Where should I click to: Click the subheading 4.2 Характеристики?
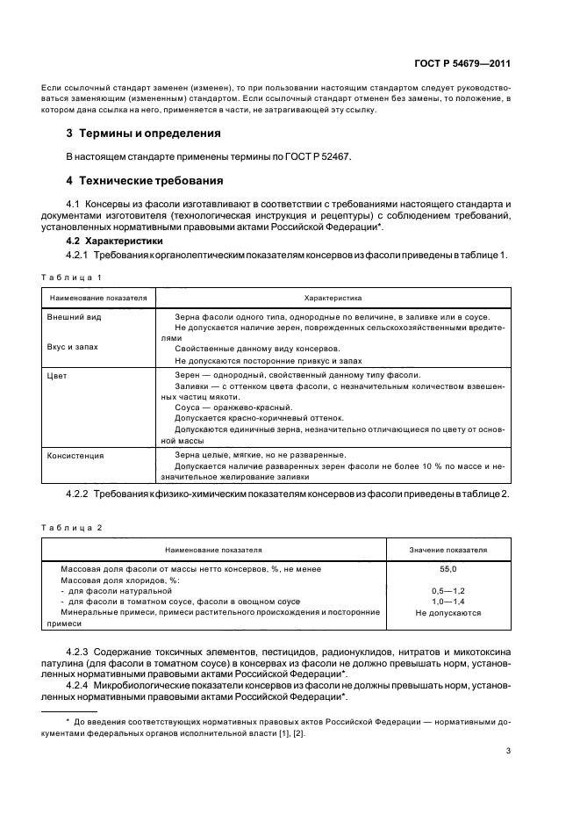[x=114, y=241]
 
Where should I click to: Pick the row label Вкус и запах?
[x=72, y=347]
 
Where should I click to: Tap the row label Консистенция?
[x=75, y=455]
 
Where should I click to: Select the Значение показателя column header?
[x=448, y=550]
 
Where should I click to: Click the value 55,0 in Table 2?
[x=448, y=569]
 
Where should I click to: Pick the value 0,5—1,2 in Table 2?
[x=448, y=591]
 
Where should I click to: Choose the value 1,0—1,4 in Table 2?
[x=448, y=602]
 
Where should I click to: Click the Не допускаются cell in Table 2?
[x=448, y=612]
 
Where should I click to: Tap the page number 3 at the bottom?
[x=508, y=751]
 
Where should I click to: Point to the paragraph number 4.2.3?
[x=82, y=652]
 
